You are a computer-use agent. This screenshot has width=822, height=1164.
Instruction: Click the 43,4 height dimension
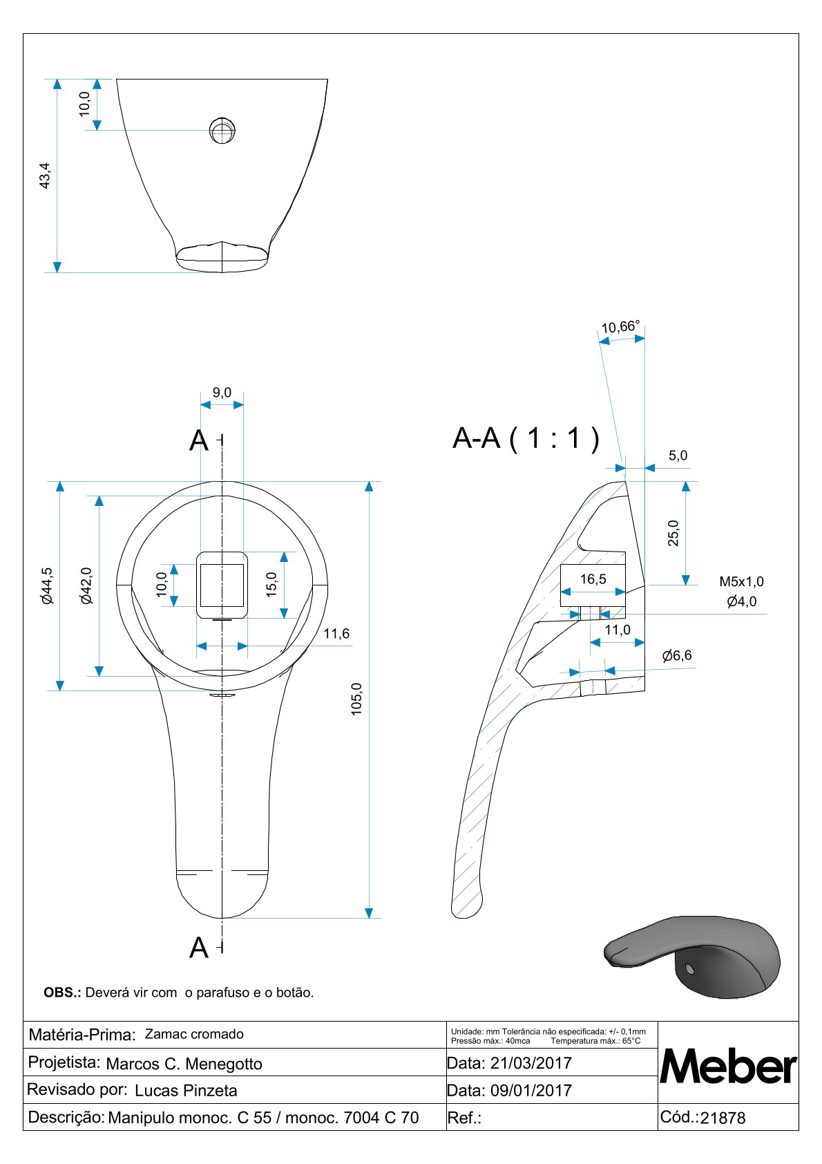point(45,176)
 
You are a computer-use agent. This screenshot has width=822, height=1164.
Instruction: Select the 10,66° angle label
point(620,326)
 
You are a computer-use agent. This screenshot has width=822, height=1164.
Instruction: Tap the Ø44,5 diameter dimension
point(47,585)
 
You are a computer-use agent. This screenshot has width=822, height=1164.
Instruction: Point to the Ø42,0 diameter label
point(86,585)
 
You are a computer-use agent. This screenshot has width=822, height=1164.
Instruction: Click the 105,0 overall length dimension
point(356,699)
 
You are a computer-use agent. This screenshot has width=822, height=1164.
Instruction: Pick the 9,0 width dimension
point(222,393)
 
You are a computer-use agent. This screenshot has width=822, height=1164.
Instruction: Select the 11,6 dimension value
point(336,633)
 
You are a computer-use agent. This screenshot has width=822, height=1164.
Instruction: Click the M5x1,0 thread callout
point(741,581)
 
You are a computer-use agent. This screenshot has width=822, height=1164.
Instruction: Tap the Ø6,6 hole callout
point(677,655)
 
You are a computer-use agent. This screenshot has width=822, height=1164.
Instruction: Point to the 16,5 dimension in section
point(593,579)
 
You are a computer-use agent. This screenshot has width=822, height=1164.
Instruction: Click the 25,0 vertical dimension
point(673,533)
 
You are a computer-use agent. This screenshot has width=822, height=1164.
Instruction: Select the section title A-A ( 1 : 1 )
point(526,438)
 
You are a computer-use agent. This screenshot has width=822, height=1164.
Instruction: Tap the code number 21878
point(723,1118)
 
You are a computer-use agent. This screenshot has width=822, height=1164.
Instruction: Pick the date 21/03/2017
point(531,1063)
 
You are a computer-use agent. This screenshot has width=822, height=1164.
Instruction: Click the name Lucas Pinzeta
point(185,1091)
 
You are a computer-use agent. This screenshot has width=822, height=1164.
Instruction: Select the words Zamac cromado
point(193,1034)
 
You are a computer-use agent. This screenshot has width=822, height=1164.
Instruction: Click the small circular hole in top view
point(222,131)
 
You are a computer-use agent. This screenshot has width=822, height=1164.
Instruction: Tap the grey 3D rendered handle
point(692,956)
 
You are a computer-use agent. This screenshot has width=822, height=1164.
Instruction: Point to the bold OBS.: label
point(62,993)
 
